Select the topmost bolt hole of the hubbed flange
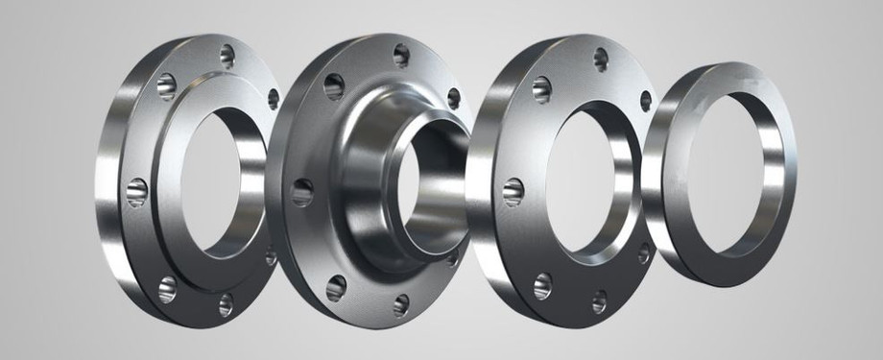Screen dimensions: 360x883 [401, 55]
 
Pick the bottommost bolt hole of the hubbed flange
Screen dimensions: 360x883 [400, 304]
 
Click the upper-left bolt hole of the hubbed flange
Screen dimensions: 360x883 [334, 87]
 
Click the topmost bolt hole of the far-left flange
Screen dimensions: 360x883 [227, 55]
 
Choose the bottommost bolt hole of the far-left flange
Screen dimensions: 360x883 [227, 304]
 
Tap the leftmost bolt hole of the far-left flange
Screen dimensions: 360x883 [137, 188]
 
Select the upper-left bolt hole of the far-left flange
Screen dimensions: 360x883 [166, 86]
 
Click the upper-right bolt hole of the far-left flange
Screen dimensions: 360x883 [273, 98]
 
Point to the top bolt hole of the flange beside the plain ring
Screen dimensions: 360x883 [601, 59]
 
